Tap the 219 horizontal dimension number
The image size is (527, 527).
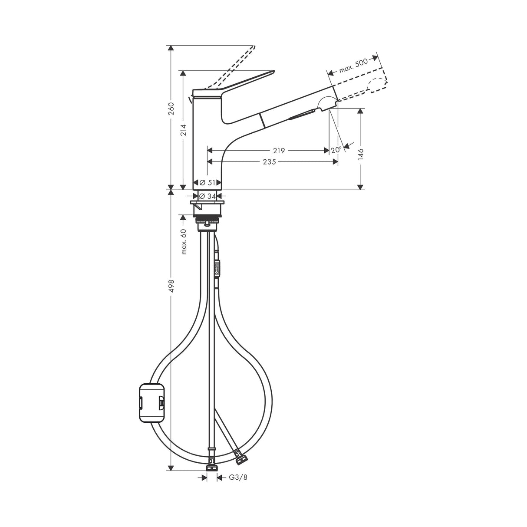[279, 151]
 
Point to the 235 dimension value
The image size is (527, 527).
[270, 161]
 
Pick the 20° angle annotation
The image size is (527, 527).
[336, 149]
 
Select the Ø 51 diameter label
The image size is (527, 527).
[208, 183]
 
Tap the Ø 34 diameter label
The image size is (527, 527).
[208, 197]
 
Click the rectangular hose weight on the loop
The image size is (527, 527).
[151, 402]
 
